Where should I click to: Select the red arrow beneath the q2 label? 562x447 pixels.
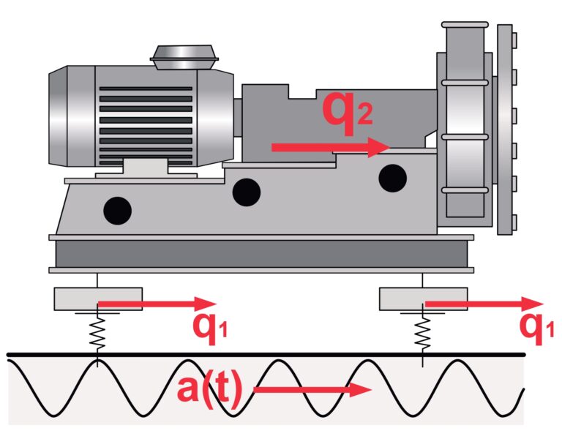pos(329,147)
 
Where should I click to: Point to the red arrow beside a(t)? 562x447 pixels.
pos(312,389)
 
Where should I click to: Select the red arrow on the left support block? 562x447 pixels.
pos(157,303)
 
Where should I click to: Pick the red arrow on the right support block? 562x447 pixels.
pos(483,303)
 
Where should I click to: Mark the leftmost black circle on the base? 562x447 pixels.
pos(117,211)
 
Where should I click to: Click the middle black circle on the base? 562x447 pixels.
pos(246,192)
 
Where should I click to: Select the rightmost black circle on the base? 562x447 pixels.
pos(393,177)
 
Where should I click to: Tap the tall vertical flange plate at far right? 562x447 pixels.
pos(504,129)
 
